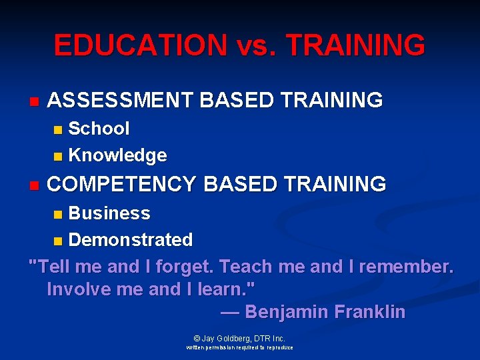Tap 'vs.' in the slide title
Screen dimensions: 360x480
click(x=256, y=45)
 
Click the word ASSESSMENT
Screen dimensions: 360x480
click(x=121, y=101)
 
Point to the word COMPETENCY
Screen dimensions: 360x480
click(x=122, y=184)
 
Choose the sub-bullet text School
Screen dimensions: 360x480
click(x=99, y=128)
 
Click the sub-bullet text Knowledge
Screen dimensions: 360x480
click(x=118, y=156)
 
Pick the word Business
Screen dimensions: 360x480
click(x=109, y=213)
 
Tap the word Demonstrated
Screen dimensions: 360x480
click(x=131, y=240)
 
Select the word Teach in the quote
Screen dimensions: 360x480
click(x=246, y=267)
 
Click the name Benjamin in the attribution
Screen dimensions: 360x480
click(x=287, y=312)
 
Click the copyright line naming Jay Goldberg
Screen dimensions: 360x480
click(x=239, y=339)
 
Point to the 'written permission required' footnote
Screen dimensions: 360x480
click(x=239, y=348)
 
